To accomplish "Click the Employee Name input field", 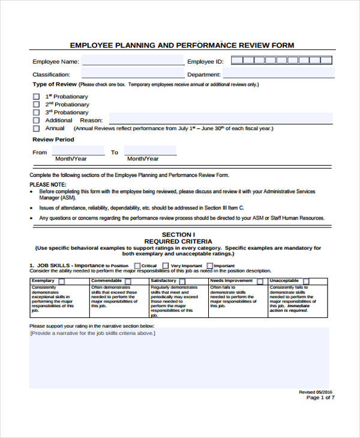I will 133,61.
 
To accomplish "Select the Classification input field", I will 133,74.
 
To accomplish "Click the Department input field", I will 277,74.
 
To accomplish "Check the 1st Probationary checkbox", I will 36,97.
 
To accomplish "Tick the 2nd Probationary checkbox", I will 36,104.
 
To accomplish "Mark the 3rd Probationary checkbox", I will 36,112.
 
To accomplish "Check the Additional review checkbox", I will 36,120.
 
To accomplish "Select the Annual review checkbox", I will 36,128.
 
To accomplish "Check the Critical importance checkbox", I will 137,265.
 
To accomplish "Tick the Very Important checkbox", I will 166,265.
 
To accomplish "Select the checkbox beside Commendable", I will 127,281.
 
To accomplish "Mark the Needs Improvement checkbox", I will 260,281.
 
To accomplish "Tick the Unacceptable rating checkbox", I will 306,281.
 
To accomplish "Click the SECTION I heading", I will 179,233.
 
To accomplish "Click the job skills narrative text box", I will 179,357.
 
